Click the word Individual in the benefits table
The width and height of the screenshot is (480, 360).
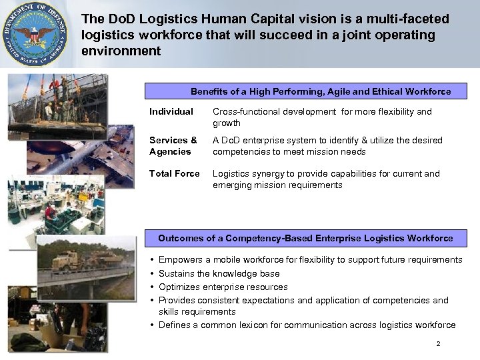pyautogui.click(x=171, y=111)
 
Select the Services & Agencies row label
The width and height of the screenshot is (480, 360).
pyautogui.click(x=173, y=145)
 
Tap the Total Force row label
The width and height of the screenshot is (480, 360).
pyautogui.click(x=175, y=173)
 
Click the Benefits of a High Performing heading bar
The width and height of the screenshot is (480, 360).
pyautogui.click(x=321, y=91)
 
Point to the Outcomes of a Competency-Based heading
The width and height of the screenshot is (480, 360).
pyautogui.click(x=305, y=238)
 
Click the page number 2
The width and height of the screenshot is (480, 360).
pyautogui.click(x=438, y=344)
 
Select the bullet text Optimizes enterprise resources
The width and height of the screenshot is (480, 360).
pyautogui.click(x=223, y=287)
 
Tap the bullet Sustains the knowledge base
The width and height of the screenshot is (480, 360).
pyautogui.click(x=219, y=273)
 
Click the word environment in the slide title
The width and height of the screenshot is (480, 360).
pyautogui.click(x=121, y=51)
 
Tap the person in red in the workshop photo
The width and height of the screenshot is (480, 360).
pyautogui.click(x=50, y=211)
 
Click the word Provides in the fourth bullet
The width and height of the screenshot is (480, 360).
pyautogui.click(x=177, y=300)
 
